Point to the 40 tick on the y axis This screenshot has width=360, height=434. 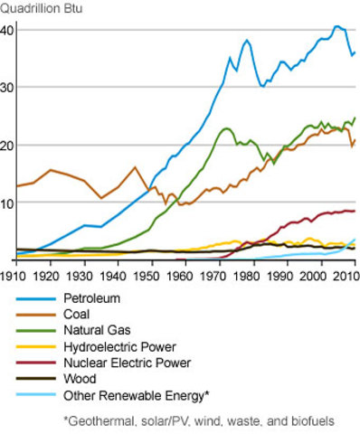pos(7,30)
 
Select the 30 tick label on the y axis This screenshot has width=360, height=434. pos(7,88)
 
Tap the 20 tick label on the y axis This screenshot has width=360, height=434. pos(7,146)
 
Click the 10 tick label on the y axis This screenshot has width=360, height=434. pos(7,203)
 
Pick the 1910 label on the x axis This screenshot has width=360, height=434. pos(14,274)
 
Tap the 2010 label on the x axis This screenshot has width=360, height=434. pos(344,274)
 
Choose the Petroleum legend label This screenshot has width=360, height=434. pos(91,297)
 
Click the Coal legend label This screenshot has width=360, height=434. pos(78,314)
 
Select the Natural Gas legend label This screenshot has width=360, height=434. pos(96,330)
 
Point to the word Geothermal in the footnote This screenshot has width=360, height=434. pos(100,420)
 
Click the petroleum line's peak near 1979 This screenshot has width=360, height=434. pos(247,40)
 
